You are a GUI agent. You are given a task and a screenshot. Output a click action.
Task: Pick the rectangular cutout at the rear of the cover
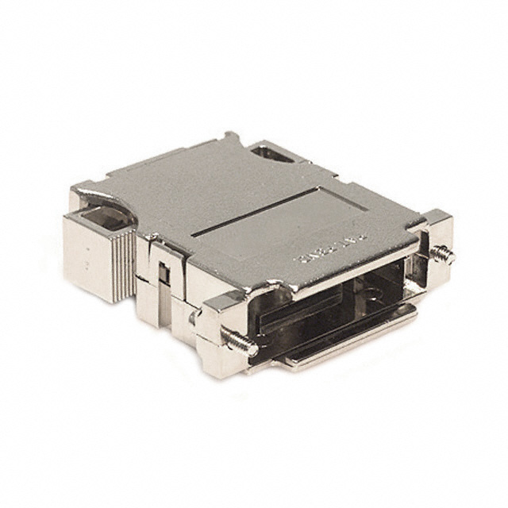(x=271, y=156)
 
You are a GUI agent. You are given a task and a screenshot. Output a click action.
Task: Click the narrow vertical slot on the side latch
(x=161, y=274)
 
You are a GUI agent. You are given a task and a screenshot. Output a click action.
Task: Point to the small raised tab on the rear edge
(x=231, y=140)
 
